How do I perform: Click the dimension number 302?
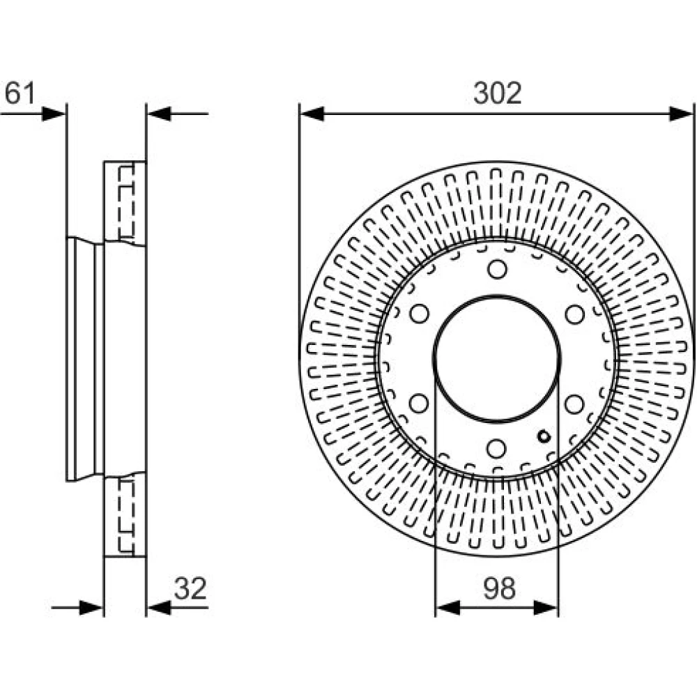(497, 93)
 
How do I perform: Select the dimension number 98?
(499, 588)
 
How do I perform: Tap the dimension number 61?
(19, 93)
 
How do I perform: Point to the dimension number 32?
(190, 588)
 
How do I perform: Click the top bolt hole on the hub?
(497, 269)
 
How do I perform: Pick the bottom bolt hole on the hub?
(496, 448)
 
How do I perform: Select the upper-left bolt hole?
(419, 314)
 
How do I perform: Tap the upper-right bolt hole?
(575, 314)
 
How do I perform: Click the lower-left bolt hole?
(418, 403)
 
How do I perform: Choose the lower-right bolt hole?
(574, 404)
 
